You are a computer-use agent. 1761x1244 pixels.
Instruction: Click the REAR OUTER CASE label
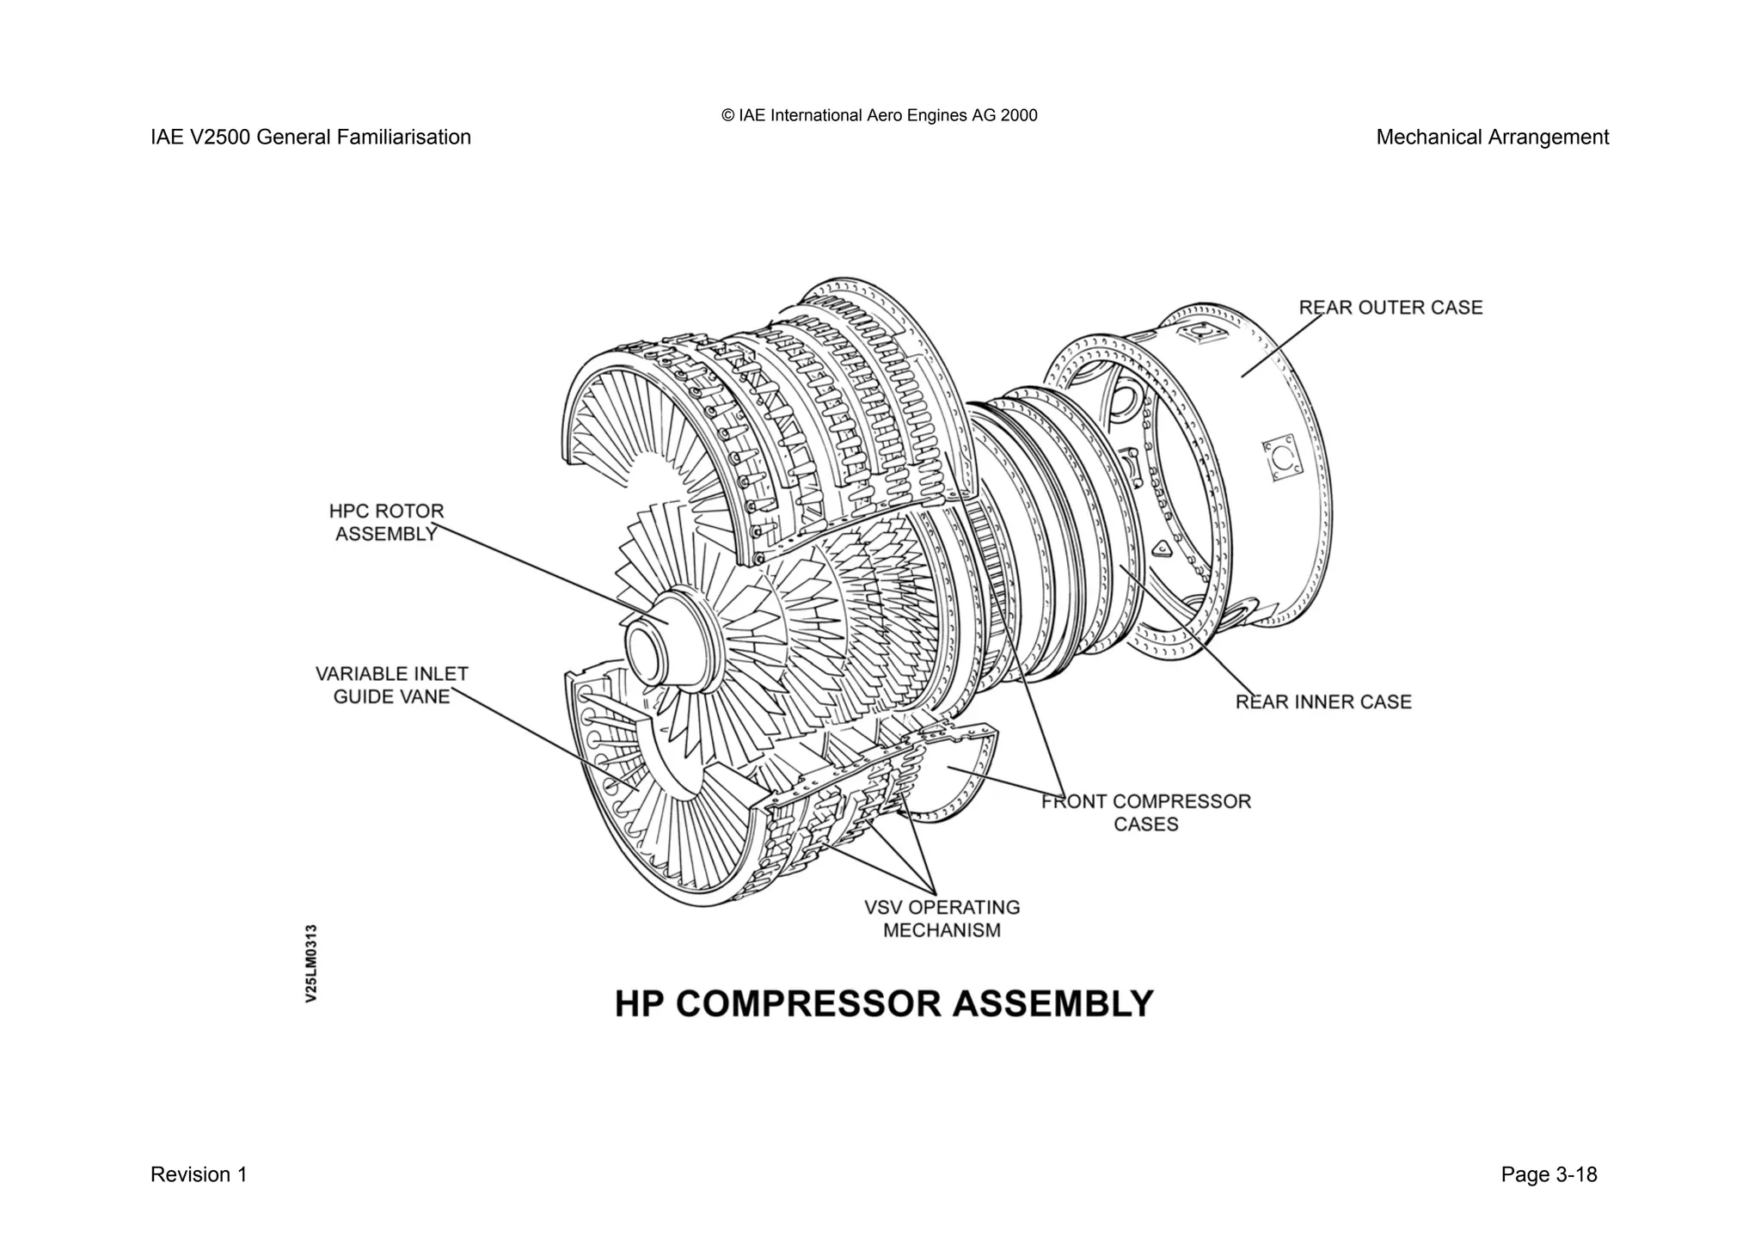[1390, 308]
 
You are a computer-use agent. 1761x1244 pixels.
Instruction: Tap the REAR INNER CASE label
[1323, 702]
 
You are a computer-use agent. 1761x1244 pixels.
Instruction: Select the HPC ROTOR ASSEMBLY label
[386, 523]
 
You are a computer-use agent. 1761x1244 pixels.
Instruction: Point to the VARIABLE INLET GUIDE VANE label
[391, 685]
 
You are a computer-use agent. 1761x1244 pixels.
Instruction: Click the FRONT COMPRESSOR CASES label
[1145, 812]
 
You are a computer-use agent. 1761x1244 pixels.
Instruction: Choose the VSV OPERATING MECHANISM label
[942, 919]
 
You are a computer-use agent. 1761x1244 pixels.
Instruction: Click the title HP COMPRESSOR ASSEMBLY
[883, 1004]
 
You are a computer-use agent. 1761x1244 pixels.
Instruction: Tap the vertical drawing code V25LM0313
[311, 963]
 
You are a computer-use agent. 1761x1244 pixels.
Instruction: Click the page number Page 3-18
[1549, 1174]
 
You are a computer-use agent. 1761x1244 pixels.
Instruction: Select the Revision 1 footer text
[199, 1174]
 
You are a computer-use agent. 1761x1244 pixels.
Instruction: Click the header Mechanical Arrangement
[1492, 138]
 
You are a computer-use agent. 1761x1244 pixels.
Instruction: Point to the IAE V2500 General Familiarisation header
[310, 138]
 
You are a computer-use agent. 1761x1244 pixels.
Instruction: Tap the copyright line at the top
[880, 115]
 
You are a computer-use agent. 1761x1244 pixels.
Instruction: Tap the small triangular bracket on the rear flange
[1162, 548]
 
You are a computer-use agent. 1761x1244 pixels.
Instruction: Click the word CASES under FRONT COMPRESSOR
[1145, 824]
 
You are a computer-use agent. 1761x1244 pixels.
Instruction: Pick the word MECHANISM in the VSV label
[942, 930]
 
